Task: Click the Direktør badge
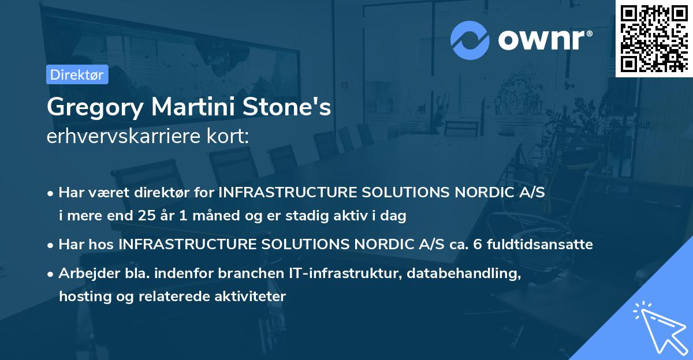(77, 74)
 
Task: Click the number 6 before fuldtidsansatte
(476, 245)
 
